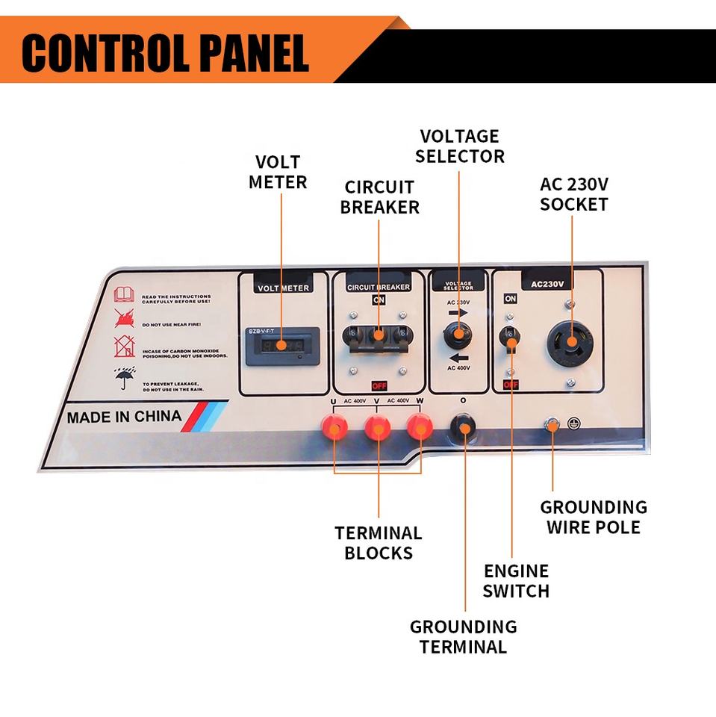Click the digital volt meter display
[283, 346]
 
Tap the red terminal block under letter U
[334, 428]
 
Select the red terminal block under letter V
[376, 428]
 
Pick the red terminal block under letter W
[420, 428]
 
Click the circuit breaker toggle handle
[379, 335]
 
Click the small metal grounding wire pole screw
[552, 425]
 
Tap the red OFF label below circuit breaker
[379, 385]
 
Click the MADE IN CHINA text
[124, 417]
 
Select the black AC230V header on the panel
[547, 283]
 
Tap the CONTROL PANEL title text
[165, 53]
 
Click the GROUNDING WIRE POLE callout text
[593, 518]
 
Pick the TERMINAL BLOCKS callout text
[378, 543]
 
